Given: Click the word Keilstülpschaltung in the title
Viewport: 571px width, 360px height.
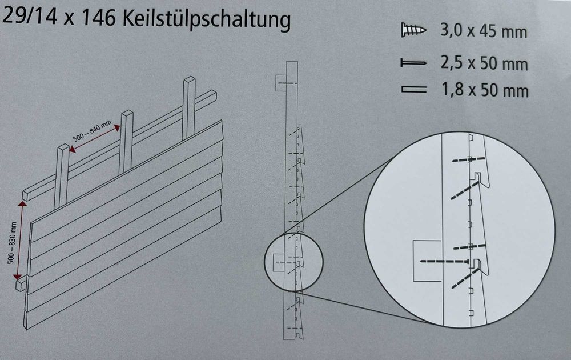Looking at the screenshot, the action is pos(207,19).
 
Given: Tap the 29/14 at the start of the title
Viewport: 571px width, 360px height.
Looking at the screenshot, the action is pos(30,16).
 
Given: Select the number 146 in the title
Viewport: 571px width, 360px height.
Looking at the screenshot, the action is pos(98,18).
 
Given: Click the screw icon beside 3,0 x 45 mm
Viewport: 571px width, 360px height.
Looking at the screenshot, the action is pos(413,30).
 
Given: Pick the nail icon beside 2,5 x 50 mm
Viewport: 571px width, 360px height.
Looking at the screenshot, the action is pos(413,63).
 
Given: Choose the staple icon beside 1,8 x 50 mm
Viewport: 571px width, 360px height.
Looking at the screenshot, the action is pos(413,89).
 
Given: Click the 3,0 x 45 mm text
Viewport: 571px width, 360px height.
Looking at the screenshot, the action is pos(484,31).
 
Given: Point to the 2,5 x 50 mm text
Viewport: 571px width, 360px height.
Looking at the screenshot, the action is pos(484,63).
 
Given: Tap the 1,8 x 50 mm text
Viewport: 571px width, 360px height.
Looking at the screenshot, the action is pos(485,90).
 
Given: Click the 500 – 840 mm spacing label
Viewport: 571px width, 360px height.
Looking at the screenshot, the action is pos(92,131).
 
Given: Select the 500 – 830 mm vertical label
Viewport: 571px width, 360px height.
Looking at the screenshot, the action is pos(13,242).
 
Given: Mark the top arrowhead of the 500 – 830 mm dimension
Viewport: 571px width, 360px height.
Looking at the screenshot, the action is pos(23,205).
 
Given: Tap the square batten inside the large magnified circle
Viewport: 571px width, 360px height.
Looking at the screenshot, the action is pos(427,261).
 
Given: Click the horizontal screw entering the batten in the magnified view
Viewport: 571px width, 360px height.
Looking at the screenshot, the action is pos(444,261).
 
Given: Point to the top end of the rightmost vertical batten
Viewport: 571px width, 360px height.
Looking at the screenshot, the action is pos(190,79).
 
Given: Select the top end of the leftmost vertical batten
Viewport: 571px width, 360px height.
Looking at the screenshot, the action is pos(63,147).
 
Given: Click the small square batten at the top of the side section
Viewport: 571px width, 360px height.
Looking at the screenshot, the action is pos(280,84).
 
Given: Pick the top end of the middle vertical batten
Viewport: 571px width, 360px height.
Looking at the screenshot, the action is pos(127,113).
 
